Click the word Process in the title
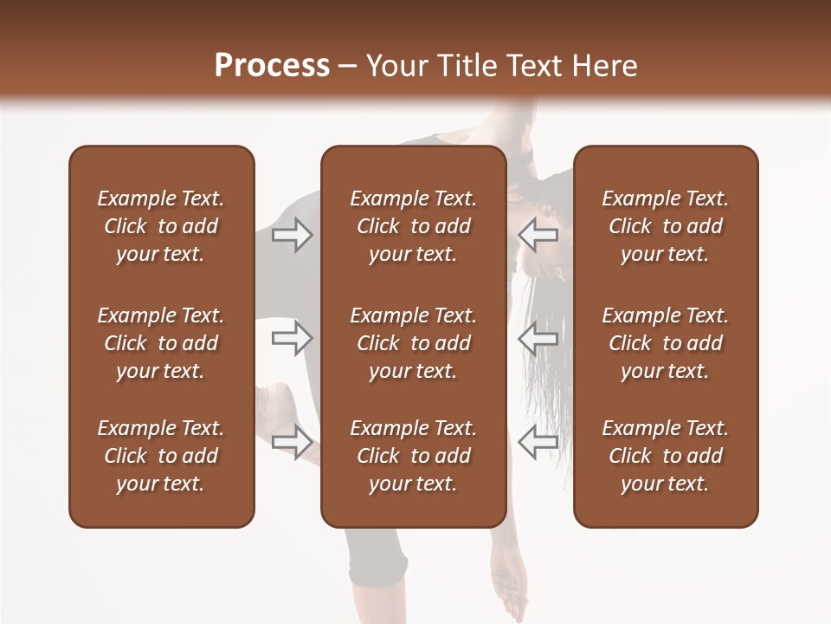click(x=272, y=65)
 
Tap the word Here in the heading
click(x=605, y=66)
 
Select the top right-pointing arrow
click(x=292, y=235)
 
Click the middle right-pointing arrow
click(x=292, y=338)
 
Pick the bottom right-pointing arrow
click(x=292, y=441)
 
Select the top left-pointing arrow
click(x=538, y=235)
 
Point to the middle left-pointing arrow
click(x=538, y=338)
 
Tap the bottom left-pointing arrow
click(x=538, y=441)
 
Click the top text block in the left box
click(x=161, y=226)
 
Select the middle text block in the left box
click(x=161, y=343)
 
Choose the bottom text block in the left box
click(x=161, y=456)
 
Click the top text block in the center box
click(x=413, y=226)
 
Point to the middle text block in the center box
click(x=413, y=343)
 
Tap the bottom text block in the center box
click(x=413, y=456)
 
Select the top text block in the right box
click(x=665, y=226)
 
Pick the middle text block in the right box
click(x=665, y=343)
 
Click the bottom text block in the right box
click(x=665, y=456)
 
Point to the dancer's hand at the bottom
click(x=513, y=589)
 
